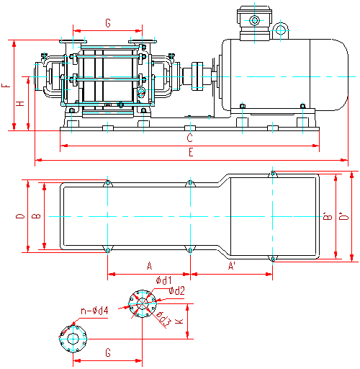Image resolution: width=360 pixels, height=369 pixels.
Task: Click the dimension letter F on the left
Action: click(x=6, y=86)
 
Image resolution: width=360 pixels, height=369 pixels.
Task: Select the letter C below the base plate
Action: click(x=190, y=138)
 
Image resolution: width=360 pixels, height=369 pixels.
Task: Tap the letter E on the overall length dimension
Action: click(x=191, y=152)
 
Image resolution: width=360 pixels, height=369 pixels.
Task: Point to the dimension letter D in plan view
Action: click(x=20, y=216)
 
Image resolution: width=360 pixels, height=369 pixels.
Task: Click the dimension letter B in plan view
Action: click(x=37, y=216)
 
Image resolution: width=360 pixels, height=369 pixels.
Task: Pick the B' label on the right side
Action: click(x=328, y=216)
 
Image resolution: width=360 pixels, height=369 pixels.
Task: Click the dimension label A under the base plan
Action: click(x=149, y=266)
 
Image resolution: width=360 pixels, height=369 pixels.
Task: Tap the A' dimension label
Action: click(x=232, y=266)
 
